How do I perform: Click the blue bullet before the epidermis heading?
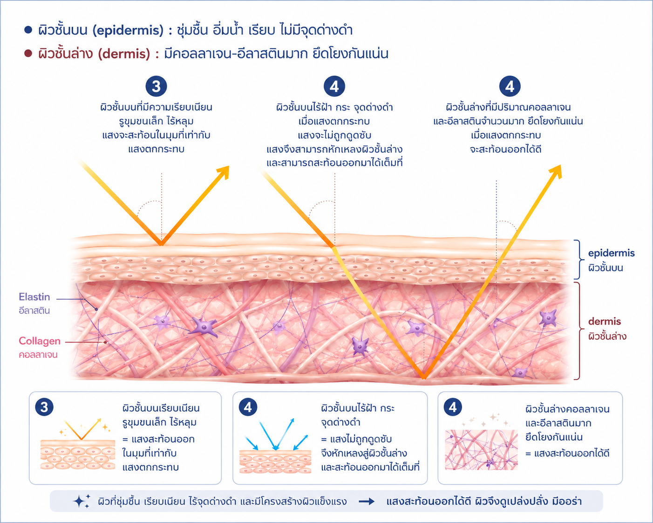click(x=28, y=30)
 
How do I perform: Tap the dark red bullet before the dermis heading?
click(x=28, y=54)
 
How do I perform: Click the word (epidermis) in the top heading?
click(x=128, y=30)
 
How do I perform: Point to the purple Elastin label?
click(x=34, y=297)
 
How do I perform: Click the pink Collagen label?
click(x=40, y=341)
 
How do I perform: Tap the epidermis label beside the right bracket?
click(x=611, y=253)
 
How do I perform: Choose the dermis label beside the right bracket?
click(x=605, y=321)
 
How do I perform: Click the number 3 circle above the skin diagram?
click(x=156, y=86)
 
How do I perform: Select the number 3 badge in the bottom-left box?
click(x=44, y=407)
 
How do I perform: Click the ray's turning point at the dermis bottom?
click(x=424, y=378)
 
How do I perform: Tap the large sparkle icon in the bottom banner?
click(x=80, y=501)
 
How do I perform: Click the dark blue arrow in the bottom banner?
click(x=367, y=502)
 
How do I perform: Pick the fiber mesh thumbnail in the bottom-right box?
click(x=481, y=450)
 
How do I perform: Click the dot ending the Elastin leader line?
click(x=96, y=309)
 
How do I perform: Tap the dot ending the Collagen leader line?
click(x=105, y=342)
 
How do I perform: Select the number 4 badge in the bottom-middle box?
click(x=248, y=407)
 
